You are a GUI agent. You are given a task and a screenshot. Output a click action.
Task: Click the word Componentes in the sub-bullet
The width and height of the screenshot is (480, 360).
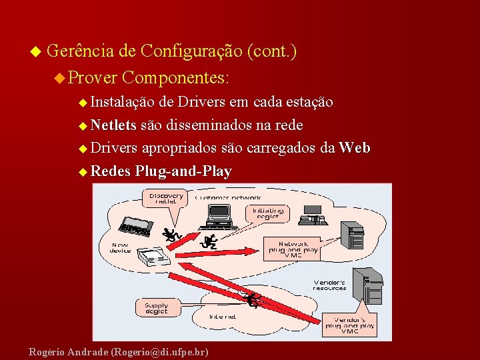coord(175,77)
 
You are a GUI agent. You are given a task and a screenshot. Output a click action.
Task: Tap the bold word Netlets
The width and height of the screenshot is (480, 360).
coord(113,125)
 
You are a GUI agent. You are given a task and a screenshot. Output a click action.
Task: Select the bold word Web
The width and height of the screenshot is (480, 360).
coord(355,147)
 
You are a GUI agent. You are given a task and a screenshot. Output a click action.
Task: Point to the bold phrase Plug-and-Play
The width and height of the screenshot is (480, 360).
coord(183,171)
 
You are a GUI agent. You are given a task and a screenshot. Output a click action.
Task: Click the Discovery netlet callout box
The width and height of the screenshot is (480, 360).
coord(166,198)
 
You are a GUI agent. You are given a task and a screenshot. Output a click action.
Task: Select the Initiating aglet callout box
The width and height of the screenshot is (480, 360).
coord(267,213)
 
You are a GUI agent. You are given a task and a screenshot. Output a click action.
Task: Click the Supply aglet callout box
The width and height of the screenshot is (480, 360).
coord(157,307)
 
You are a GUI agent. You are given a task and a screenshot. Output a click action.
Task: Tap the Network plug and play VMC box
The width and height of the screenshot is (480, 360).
coord(293,249)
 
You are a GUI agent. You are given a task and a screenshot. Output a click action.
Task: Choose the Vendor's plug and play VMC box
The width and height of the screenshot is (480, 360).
coord(350,325)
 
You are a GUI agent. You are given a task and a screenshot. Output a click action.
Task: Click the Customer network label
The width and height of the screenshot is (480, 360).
coord(228,197)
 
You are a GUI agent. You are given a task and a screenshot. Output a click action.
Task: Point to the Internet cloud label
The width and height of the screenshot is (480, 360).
coord(223,317)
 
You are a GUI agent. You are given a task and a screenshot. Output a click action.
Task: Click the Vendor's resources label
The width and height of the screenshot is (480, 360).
coord(329,285)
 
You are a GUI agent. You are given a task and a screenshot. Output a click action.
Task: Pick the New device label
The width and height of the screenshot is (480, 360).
coord(121,247)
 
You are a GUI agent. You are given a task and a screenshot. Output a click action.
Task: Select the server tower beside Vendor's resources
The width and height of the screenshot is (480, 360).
coord(368,284)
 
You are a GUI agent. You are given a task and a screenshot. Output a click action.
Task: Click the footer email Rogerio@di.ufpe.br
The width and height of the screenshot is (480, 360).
coord(160,351)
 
